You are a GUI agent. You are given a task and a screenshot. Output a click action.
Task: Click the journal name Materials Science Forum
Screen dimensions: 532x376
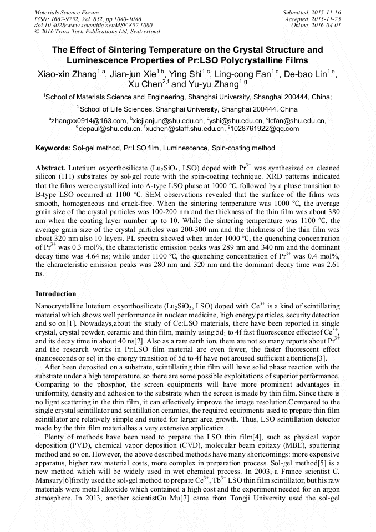pyautogui.click(x=67, y=12)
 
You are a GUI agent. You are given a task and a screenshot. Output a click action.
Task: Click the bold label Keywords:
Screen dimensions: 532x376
pyautogui.click(x=53, y=148)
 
